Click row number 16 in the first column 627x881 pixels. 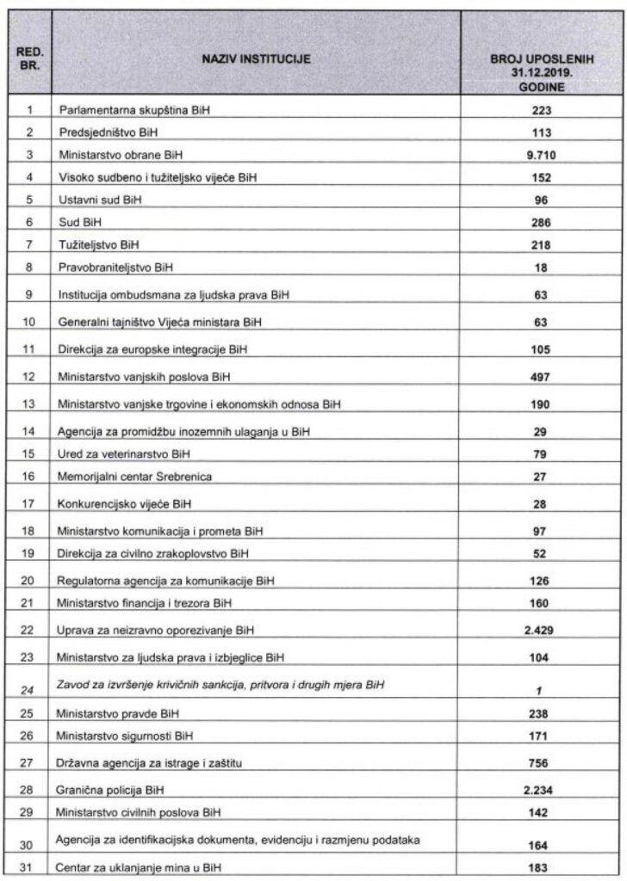pyautogui.click(x=29, y=476)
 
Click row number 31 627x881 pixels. pyautogui.click(x=29, y=867)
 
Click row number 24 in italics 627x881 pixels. pyautogui.click(x=29, y=686)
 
